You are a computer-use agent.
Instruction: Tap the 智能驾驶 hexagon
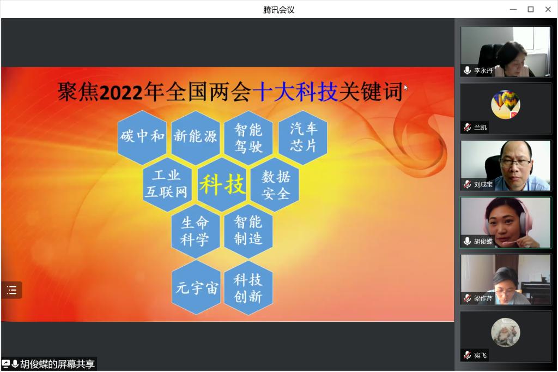[x=248, y=137]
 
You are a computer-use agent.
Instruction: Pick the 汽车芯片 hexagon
[x=303, y=137]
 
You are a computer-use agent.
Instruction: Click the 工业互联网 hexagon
[x=167, y=184]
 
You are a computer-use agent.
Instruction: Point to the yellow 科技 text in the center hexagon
[x=222, y=184]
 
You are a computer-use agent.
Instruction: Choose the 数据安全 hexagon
[x=275, y=184]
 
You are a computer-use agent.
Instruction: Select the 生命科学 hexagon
[x=196, y=231]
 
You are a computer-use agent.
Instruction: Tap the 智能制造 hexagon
[x=248, y=231]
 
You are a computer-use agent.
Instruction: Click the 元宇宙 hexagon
[x=196, y=287]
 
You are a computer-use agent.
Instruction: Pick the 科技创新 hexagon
[x=248, y=287]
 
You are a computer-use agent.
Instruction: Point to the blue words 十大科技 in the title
[x=295, y=92]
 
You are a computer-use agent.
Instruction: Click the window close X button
[x=548, y=9]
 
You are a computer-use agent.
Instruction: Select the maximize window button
[x=531, y=9]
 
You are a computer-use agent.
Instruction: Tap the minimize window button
[x=513, y=9]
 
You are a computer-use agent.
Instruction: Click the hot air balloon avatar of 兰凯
[x=505, y=104]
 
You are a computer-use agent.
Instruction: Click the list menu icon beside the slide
[x=11, y=290]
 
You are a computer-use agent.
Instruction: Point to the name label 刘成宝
[x=483, y=184]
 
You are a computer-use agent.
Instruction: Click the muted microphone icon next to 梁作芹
[x=467, y=298]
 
